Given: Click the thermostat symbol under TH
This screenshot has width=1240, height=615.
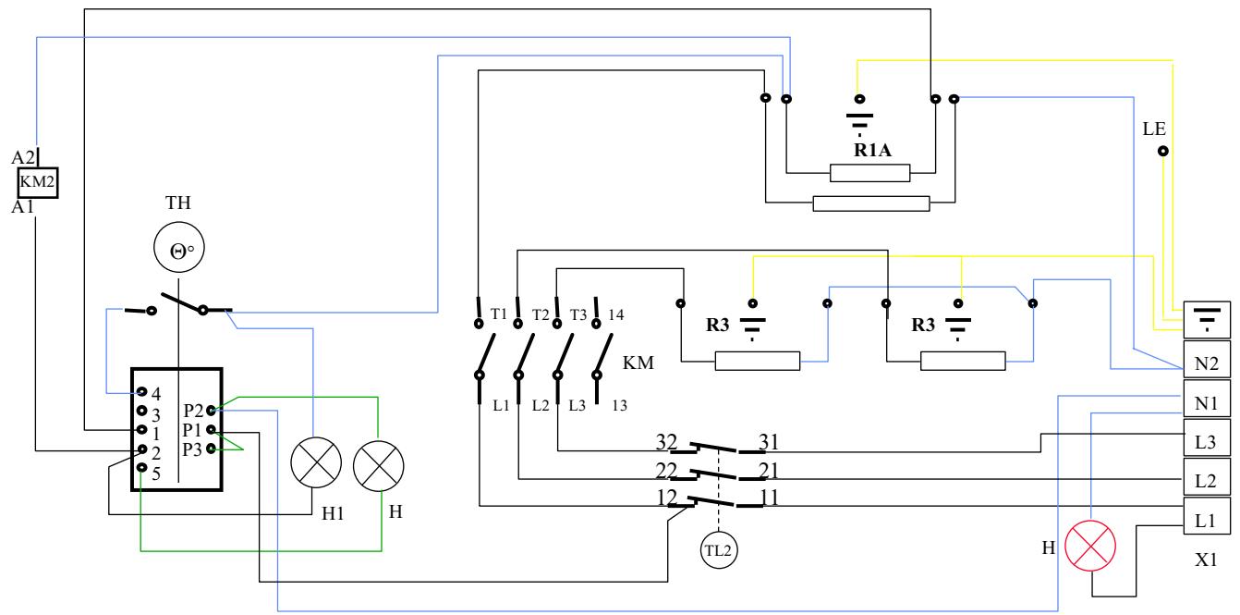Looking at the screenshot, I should pos(177,249).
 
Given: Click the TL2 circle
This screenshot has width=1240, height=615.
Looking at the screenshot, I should pos(718,549).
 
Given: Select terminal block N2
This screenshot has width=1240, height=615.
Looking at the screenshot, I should pos(1207,363).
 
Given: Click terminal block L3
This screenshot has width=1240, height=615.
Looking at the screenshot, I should pos(1207,441).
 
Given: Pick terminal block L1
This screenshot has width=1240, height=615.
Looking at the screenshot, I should pos(1207,520).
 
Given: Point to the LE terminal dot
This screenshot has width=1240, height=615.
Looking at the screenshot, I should pos(1162,151).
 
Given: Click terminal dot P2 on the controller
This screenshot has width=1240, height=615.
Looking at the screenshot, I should pos(212,410).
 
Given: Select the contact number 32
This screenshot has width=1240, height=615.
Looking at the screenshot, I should pos(667,440).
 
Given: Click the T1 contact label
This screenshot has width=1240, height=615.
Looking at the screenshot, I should pos(498,314).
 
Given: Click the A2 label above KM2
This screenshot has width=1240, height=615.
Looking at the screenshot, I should pos(22,156).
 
